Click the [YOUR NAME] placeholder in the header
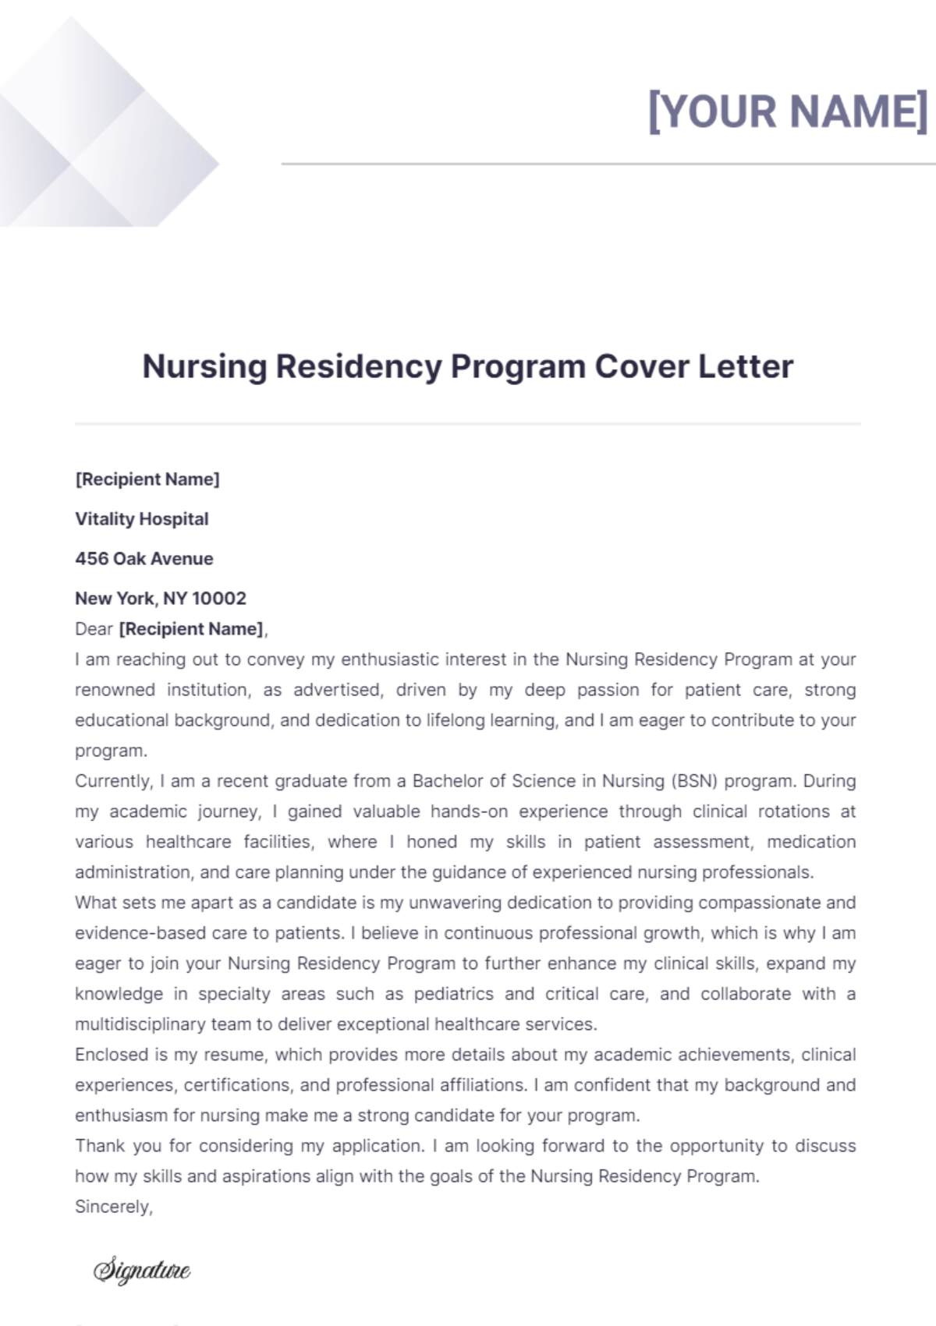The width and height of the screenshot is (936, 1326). (x=788, y=111)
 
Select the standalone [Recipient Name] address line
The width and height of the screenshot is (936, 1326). (x=147, y=479)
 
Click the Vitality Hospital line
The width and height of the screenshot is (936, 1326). (x=142, y=519)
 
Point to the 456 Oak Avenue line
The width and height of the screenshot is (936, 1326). (x=144, y=559)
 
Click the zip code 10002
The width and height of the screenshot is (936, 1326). (x=219, y=599)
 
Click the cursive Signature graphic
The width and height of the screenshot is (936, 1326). (x=142, y=1270)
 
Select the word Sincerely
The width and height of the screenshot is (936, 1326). (x=114, y=1207)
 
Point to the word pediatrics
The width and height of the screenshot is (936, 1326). (x=453, y=994)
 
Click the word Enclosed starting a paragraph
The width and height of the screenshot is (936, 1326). (x=111, y=1055)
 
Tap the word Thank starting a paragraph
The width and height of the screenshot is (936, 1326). (x=99, y=1146)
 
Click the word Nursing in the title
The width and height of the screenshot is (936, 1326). (x=204, y=366)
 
